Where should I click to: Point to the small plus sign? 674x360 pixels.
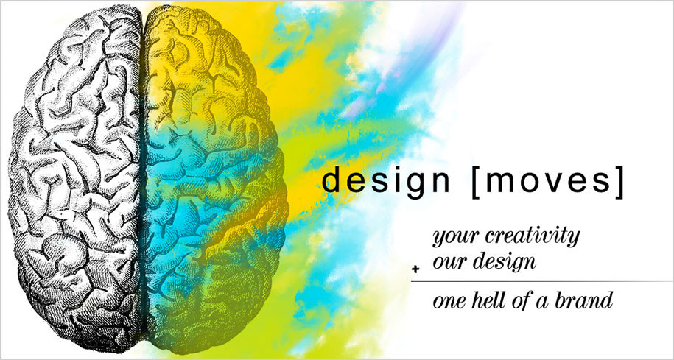[415, 269]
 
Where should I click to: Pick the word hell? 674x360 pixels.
[485, 300]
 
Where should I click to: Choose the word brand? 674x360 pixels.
[583, 300]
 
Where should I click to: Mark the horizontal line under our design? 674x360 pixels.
[541, 282]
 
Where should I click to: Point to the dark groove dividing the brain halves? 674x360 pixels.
[143, 180]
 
